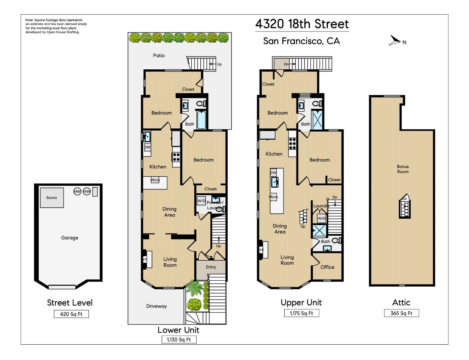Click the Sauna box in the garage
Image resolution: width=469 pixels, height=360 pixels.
[x=52, y=197]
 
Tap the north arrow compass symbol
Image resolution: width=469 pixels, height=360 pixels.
[x=395, y=40]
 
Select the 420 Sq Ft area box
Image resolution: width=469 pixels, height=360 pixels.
[x=71, y=314]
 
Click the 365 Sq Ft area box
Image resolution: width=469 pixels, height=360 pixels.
[x=401, y=313]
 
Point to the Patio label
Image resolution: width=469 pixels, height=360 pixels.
[x=159, y=55]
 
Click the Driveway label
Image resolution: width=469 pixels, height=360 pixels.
[x=156, y=306]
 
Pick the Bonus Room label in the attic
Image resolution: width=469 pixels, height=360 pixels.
[x=403, y=169]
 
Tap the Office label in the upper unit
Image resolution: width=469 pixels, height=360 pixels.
[x=327, y=267]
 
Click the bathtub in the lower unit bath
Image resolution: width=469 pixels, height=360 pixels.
[x=201, y=120]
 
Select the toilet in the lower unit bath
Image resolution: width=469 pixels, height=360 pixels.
[x=201, y=103]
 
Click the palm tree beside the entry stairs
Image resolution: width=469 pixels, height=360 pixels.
[x=194, y=288]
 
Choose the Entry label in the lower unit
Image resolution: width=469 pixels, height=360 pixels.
[x=211, y=267]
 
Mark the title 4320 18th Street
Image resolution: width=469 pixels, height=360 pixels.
[x=302, y=24]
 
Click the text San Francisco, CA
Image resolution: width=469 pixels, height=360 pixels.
[x=301, y=41]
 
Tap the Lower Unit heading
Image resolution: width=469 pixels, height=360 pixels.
[x=178, y=330]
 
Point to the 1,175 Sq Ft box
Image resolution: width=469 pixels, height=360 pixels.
[x=301, y=313]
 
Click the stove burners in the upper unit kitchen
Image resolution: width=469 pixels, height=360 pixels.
[x=292, y=143]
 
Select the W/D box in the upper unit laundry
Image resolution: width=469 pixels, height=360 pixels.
[x=321, y=218]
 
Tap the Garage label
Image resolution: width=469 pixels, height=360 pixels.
[x=69, y=238]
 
